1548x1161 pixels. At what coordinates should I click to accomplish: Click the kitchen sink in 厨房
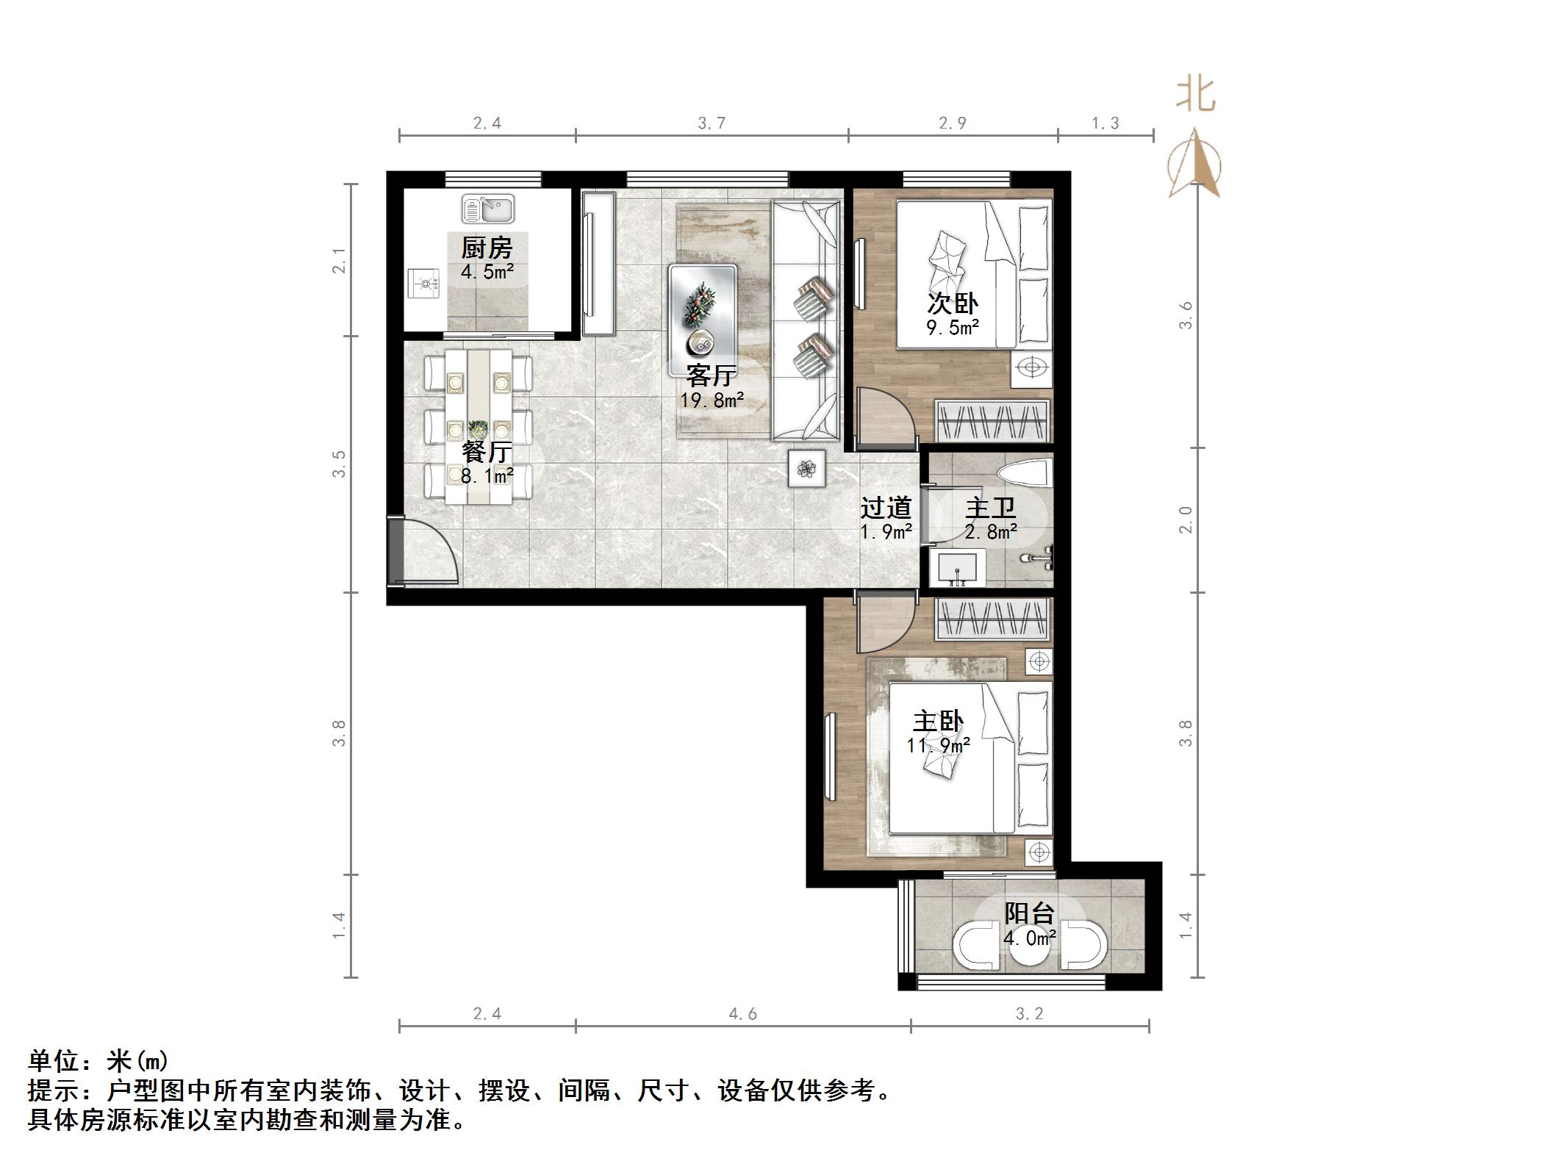point(487,209)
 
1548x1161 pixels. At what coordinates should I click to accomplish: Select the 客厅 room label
point(711,375)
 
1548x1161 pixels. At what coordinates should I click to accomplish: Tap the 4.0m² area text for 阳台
point(1029,938)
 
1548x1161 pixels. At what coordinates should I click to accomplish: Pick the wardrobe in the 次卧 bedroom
point(992,422)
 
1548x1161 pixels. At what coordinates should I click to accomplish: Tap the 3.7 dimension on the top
point(712,123)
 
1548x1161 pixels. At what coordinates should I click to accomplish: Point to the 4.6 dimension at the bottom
point(742,1014)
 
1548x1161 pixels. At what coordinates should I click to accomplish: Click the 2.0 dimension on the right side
point(1185,520)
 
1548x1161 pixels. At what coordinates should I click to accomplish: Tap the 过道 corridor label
point(886,508)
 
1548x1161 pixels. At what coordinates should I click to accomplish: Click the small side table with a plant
point(807,468)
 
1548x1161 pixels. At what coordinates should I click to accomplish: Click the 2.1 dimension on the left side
point(339,260)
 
